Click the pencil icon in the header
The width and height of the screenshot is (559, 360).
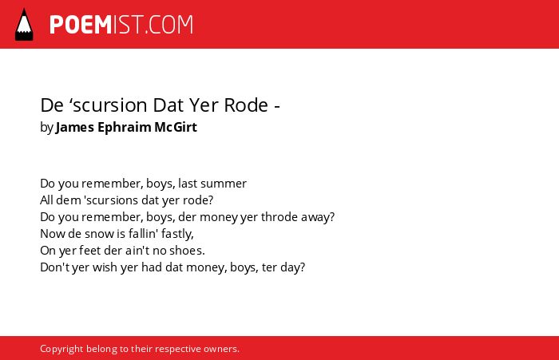[24, 25]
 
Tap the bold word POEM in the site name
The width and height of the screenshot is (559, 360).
[81, 25]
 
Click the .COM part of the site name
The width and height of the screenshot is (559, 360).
[168, 25]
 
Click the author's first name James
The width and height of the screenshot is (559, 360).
[75, 127]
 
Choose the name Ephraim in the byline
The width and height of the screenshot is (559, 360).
[124, 128]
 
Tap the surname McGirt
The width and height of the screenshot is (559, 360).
[176, 127]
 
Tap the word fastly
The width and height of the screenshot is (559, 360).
[177, 234]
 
